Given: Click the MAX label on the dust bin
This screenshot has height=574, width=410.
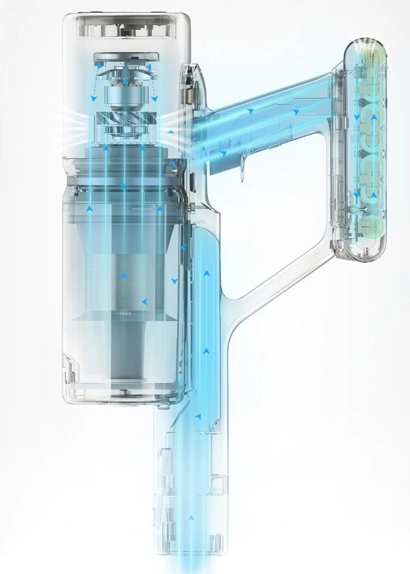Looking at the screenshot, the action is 126,314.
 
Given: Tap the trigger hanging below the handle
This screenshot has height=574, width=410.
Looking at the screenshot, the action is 241,168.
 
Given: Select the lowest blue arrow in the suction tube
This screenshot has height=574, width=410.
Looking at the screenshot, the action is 191,518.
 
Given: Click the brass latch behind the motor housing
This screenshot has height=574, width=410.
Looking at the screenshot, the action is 189,97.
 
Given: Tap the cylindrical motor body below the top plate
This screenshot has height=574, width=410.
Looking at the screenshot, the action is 125,95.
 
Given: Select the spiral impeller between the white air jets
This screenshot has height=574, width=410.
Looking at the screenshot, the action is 125,120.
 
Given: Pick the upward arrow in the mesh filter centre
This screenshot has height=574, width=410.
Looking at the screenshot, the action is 125,275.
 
